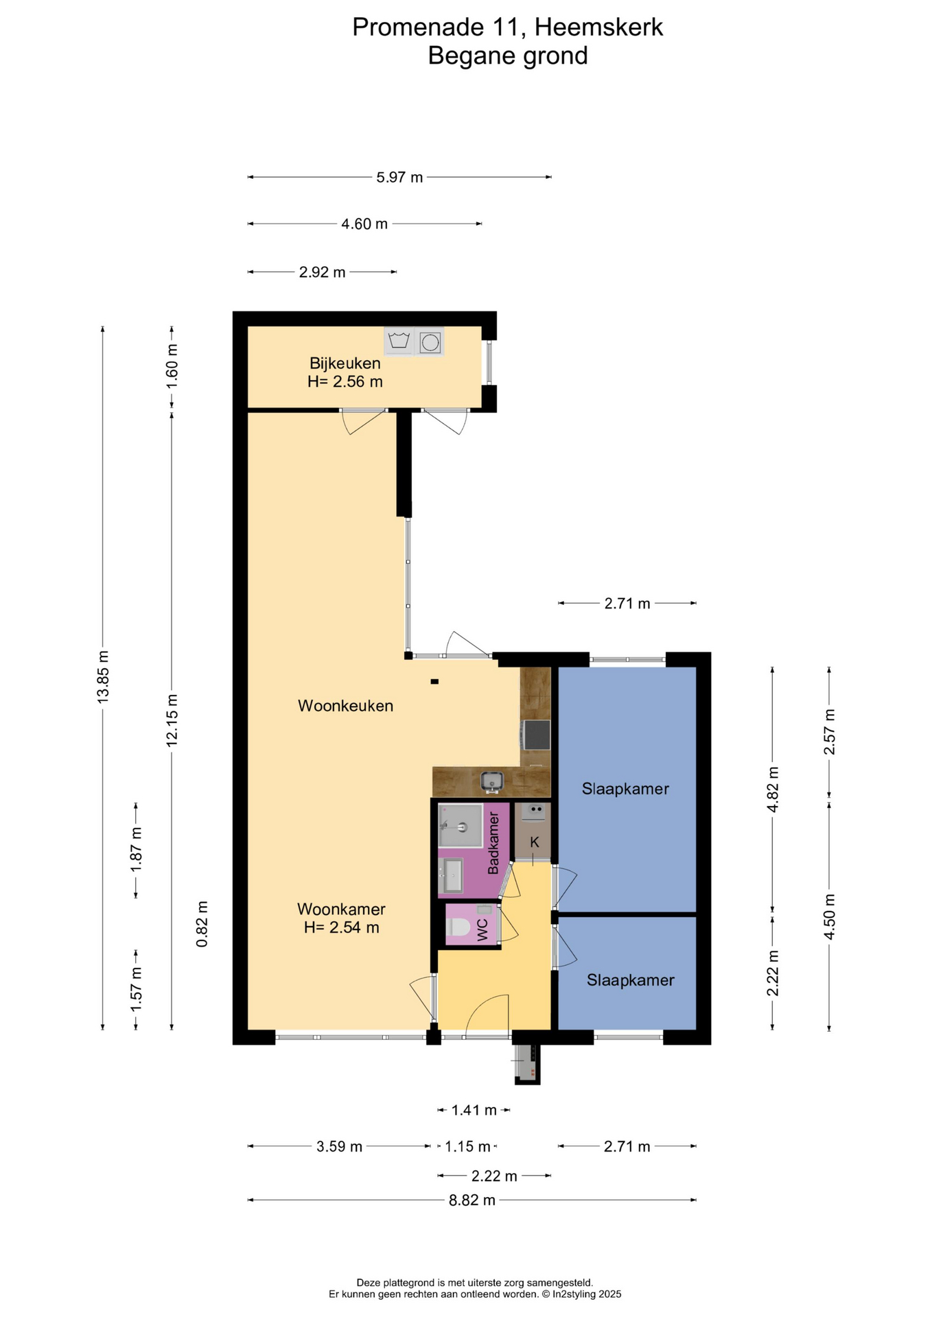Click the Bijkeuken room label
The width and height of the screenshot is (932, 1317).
point(345,363)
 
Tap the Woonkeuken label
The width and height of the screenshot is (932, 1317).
point(345,706)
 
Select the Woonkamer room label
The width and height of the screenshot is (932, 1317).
point(341,909)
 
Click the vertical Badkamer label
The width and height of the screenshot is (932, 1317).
point(493,843)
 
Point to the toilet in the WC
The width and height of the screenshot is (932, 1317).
point(458,927)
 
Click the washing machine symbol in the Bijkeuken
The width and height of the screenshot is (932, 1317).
point(399,341)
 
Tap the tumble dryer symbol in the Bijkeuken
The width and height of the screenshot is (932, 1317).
point(430,341)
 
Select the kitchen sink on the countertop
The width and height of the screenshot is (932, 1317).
point(491,781)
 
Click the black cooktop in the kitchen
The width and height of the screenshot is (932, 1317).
point(536,735)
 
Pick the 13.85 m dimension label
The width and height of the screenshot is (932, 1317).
point(103,676)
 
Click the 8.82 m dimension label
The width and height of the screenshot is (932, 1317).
point(472,1200)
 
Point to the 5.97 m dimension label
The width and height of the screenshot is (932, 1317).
point(399,177)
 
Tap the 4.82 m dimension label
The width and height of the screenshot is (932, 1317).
point(773,790)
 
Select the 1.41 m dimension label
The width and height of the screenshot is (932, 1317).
point(474,1110)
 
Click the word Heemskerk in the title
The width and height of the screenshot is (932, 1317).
point(598,27)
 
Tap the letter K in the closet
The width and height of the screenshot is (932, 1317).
point(535,842)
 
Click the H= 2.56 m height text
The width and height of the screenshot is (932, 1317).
point(345,381)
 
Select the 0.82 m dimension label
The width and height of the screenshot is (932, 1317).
point(202,925)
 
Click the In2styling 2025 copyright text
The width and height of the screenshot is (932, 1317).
point(587,1294)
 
